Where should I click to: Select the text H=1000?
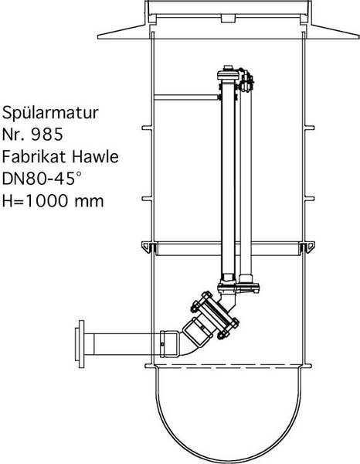[36, 203]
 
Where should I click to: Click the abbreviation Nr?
[15, 134]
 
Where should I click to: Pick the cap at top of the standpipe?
[226, 72]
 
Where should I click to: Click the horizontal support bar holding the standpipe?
[185, 97]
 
